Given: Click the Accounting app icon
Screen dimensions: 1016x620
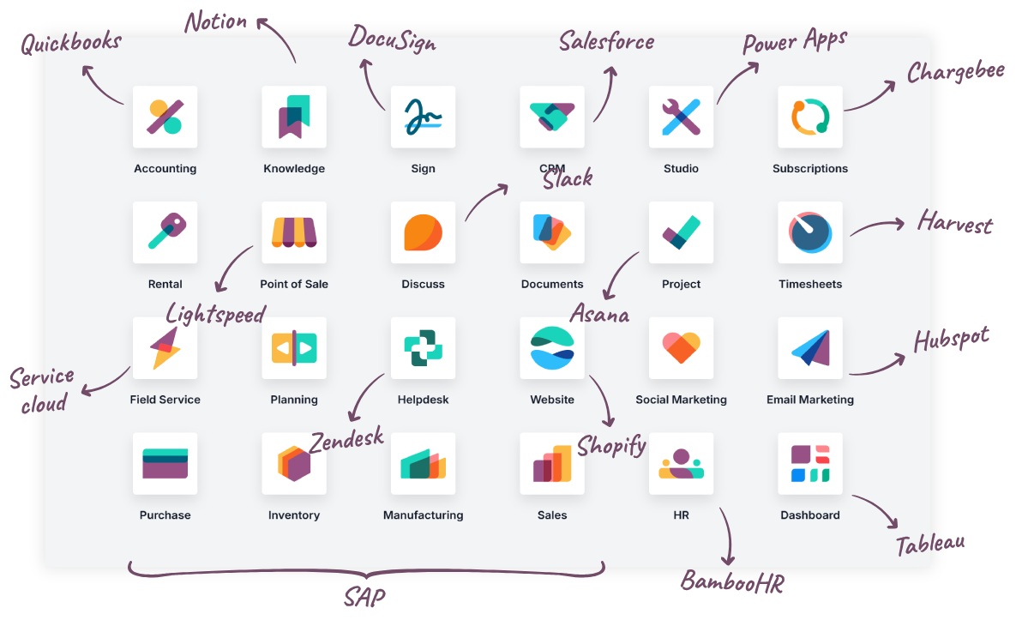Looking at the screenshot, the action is click(165, 117).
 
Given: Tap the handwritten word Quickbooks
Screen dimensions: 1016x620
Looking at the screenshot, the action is click(71, 43).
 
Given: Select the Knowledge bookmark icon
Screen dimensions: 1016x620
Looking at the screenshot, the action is click(294, 117).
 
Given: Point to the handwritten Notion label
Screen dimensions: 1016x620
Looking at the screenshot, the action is click(216, 21).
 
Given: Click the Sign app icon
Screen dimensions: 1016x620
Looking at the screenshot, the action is click(423, 117).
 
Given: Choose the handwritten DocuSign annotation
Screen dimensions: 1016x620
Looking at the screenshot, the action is click(392, 39).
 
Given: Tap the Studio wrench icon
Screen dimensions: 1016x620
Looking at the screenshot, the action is click(681, 117).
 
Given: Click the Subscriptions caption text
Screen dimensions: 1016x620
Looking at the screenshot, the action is click(810, 168).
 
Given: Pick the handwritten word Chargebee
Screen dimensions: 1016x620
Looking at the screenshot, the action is click(956, 71).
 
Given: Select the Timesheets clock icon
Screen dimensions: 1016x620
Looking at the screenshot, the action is click(810, 232).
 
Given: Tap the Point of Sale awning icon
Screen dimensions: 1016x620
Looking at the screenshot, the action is click(294, 232).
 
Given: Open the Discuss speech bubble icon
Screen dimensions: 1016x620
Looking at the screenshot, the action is click(423, 232).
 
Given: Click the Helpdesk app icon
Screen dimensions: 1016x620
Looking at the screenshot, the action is click(423, 348).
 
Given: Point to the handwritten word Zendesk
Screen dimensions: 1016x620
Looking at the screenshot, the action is click(346, 440).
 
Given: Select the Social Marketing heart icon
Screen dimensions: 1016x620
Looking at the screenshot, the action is click(681, 348).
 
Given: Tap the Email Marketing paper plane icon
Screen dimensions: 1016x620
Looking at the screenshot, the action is click(810, 348).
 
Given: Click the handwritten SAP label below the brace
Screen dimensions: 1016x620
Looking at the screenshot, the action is click(364, 597).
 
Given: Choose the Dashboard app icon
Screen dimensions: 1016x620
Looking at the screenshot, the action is click(810, 464).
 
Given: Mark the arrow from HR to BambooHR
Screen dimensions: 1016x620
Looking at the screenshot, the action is click(730, 535).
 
